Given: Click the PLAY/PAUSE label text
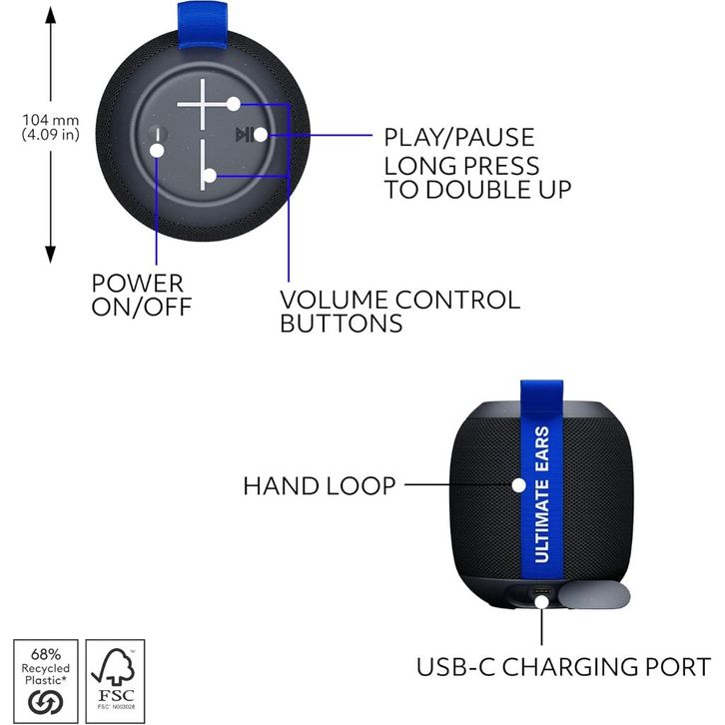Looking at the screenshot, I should pyautogui.click(x=458, y=137).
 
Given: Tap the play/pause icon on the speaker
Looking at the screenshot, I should pyautogui.click(x=242, y=135).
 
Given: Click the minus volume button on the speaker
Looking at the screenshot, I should pyautogui.click(x=204, y=165).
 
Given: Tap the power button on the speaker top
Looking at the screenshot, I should pyautogui.click(x=157, y=140).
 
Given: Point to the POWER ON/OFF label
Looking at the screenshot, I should pyautogui.click(x=137, y=295).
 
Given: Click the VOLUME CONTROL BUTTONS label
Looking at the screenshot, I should pyautogui.click(x=399, y=311).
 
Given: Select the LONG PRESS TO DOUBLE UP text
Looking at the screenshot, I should pyautogui.click(x=477, y=177).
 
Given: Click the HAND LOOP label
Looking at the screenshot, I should pyautogui.click(x=319, y=486).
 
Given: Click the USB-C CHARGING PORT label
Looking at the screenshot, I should pyautogui.click(x=563, y=666).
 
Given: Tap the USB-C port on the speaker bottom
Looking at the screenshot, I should pyautogui.click(x=542, y=596).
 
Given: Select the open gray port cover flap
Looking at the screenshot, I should pyautogui.click(x=594, y=595).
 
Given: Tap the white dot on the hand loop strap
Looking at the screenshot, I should pyautogui.click(x=519, y=484).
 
